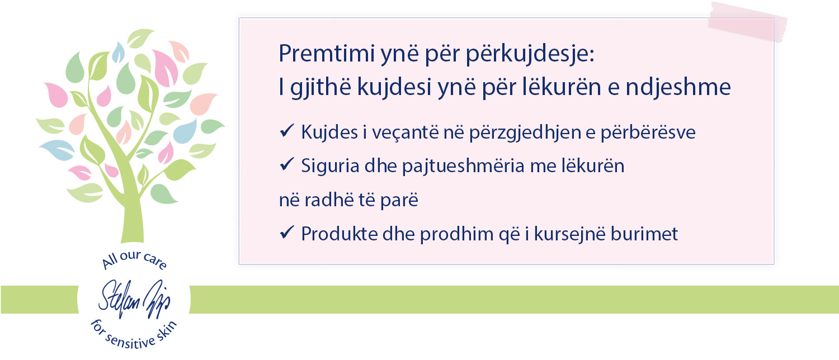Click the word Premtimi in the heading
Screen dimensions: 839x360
[x=327, y=53]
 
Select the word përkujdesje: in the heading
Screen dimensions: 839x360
[x=530, y=55]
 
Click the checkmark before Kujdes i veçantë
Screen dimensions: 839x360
[x=287, y=131]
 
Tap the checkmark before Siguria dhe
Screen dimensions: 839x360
[x=287, y=164]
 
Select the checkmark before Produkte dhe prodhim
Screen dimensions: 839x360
[x=287, y=233]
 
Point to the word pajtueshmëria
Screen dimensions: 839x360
[x=463, y=167]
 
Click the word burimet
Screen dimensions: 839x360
[x=644, y=234]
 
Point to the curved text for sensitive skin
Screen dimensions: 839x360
[x=133, y=337]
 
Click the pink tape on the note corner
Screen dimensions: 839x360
[x=747, y=22]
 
